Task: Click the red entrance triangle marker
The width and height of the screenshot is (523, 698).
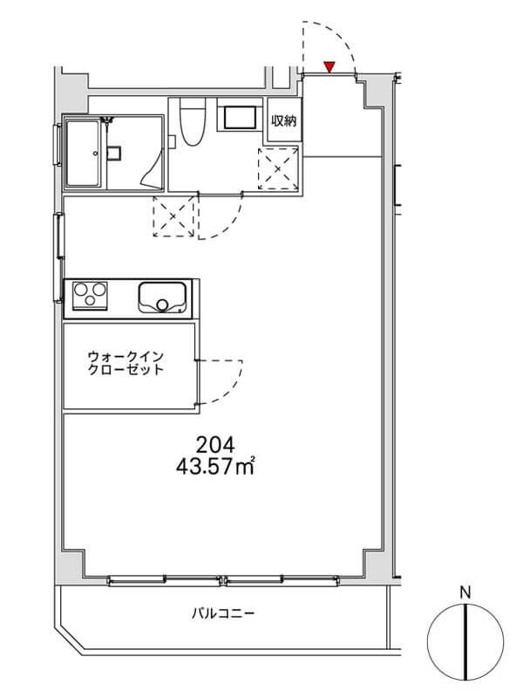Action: coord(329,67)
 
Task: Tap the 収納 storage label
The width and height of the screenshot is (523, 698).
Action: coord(284,120)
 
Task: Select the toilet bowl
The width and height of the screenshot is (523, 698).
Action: coord(192,122)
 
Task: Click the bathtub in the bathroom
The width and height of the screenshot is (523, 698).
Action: coord(84,153)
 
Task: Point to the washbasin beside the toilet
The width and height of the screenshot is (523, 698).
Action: coord(240,118)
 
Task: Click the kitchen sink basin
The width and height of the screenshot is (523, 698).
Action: coord(162,297)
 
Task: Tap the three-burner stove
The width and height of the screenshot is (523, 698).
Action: coord(91,294)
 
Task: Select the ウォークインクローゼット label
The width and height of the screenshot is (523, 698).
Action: coord(126,363)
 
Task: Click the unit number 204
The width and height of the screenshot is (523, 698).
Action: coord(215,444)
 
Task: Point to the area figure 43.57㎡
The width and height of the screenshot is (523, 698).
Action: coord(215,467)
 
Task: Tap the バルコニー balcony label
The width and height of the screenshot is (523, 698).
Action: coord(223,614)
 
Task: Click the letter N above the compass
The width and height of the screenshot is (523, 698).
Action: coord(465,592)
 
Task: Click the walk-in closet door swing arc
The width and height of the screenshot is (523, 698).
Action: coord(232,388)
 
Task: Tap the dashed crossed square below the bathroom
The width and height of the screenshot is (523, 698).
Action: coord(173,216)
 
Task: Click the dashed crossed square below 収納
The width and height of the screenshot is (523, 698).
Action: coord(278,168)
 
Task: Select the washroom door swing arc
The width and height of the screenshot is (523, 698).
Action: coord(231,222)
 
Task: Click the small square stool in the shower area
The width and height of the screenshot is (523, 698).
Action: coord(113,153)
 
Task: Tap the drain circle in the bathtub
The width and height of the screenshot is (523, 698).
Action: coord(95,154)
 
